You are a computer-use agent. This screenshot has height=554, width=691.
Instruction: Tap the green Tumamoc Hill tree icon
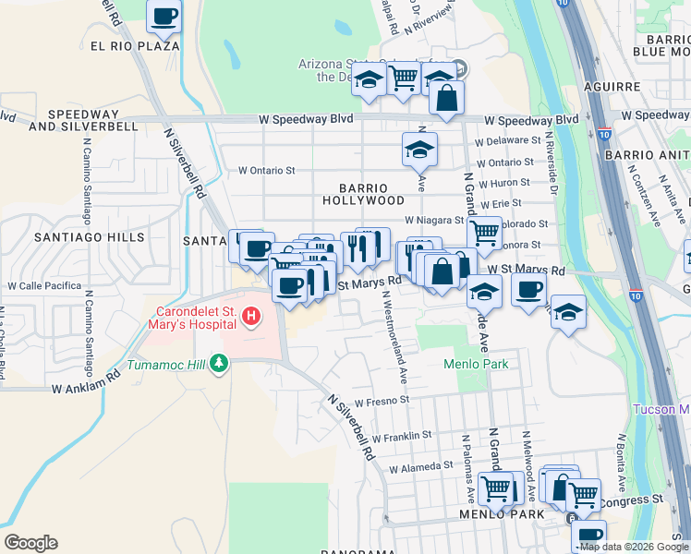click(219, 363)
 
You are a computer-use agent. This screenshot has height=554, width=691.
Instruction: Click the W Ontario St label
click(266, 170)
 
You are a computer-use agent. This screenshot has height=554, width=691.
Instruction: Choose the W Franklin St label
click(402, 434)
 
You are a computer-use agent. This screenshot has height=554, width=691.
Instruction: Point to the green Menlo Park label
click(476, 364)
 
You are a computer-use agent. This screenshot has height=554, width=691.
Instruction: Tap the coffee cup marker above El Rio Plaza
click(164, 17)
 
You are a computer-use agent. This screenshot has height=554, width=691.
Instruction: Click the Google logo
click(30, 543)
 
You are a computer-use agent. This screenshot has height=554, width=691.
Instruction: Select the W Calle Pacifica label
click(45, 286)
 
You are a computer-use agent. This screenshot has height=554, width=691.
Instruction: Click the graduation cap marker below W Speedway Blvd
click(419, 148)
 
